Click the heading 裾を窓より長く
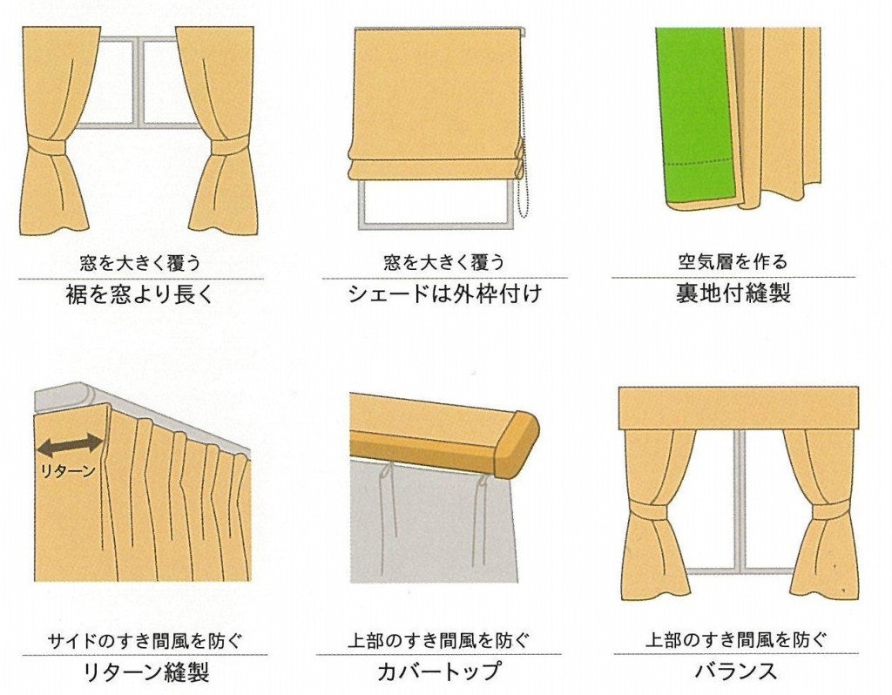(x=139, y=295)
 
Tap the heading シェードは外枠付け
(x=444, y=294)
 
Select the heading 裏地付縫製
(x=733, y=293)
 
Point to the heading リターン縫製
(x=146, y=672)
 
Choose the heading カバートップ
(x=439, y=671)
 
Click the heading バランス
(x=735, y=671)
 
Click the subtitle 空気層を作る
(x=733, y=261)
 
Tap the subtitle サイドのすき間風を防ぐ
(x=145, y=641)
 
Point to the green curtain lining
(x=698, y=118)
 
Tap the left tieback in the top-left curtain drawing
(x=48, y=146)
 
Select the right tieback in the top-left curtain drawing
(x=230, y=145)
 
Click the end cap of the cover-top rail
(x=517, y=444)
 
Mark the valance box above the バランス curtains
(x=739, y=408)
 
